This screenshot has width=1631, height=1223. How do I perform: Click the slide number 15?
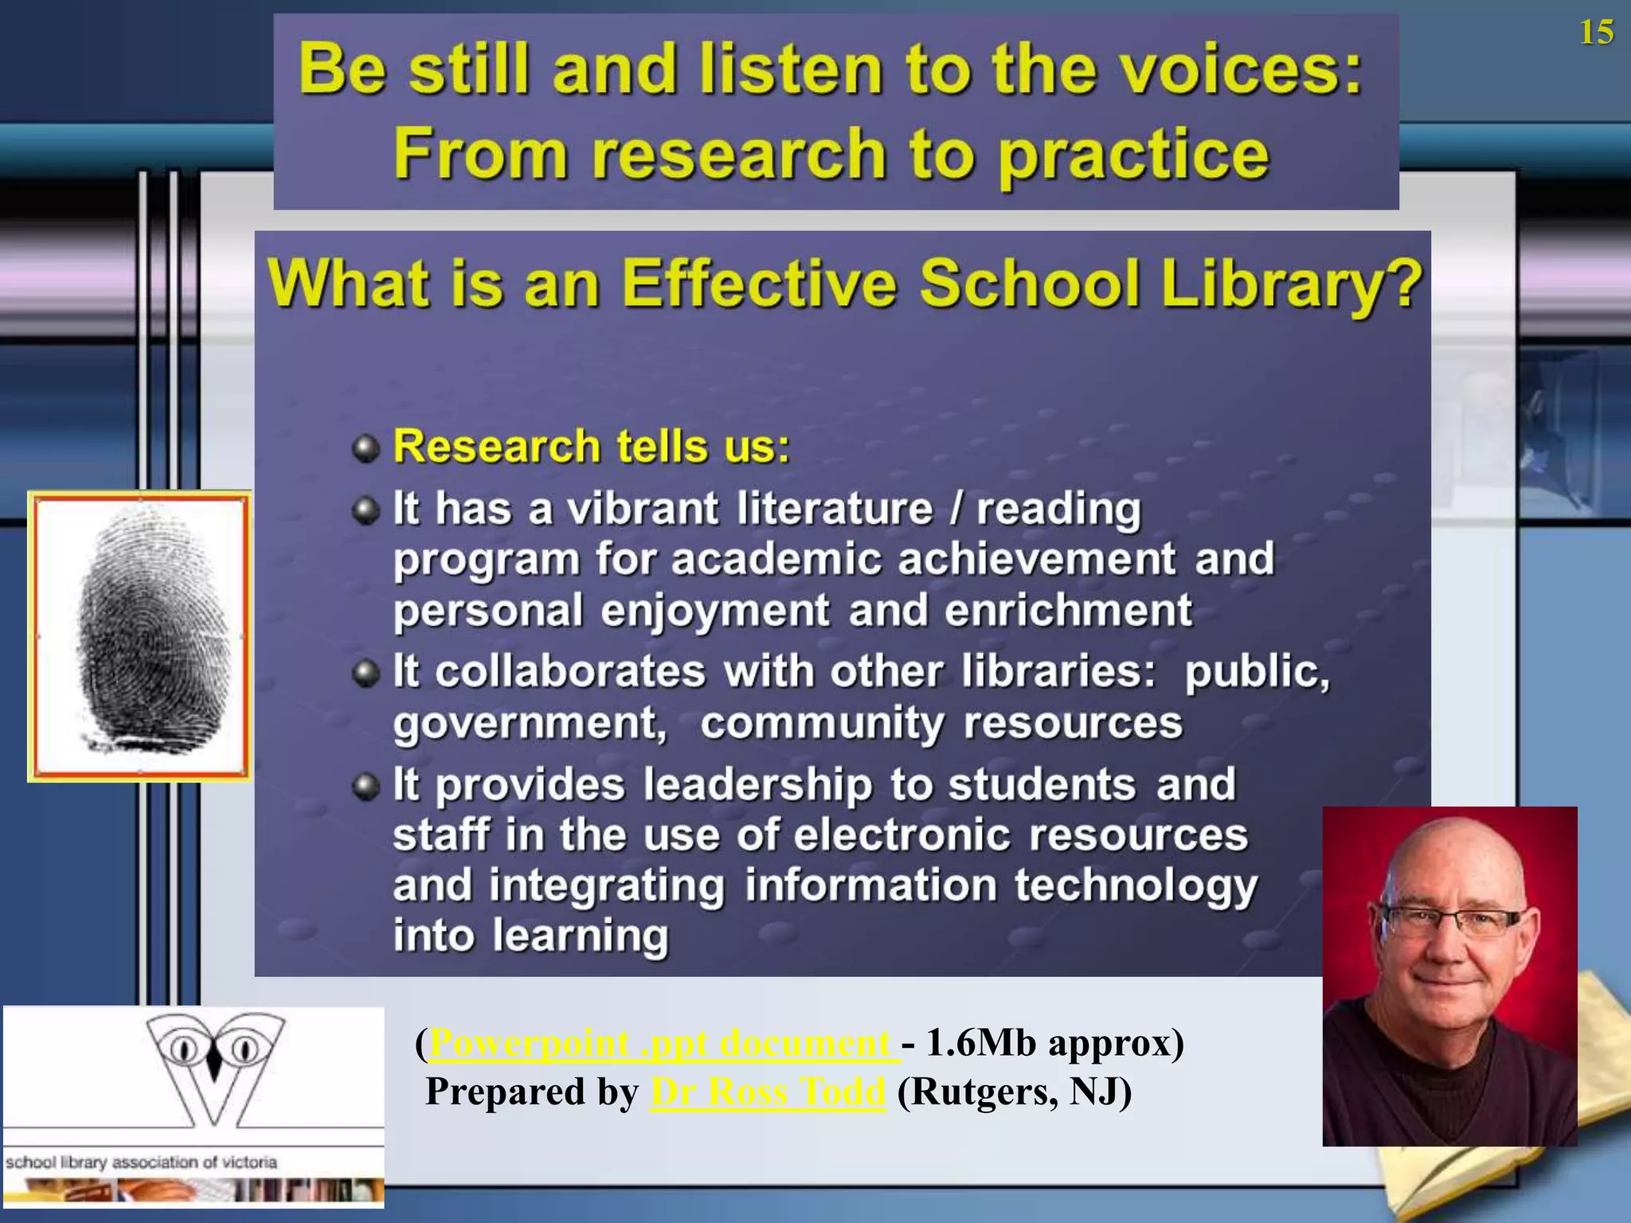point(1596,33)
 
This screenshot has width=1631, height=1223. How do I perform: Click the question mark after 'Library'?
point(1406,284)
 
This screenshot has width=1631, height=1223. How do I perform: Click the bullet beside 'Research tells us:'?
point(366,448)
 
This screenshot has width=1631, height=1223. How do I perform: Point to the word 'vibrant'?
point(642,509)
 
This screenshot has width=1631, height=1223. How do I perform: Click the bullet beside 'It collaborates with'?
point(366,674)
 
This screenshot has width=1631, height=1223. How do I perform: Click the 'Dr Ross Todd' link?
point(767,1092)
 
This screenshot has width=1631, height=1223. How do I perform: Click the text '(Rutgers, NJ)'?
point(1014,1092)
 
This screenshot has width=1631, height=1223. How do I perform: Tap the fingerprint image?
point(140,635)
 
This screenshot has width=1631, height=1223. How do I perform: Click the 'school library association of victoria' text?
point(142,1162)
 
